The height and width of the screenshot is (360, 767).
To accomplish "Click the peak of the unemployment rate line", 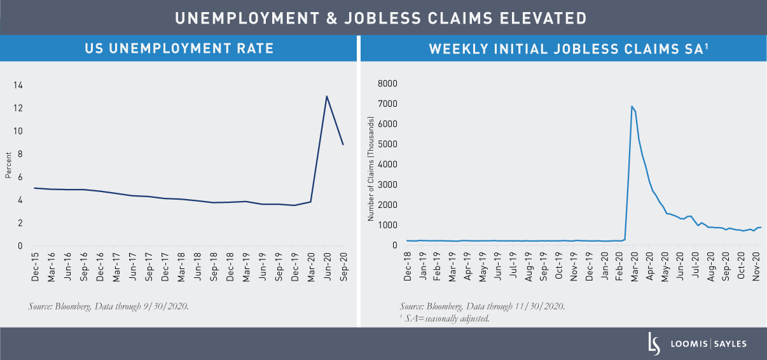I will pyautogui.click(x=327, y=97).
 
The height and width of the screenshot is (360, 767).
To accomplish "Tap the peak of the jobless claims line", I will pyautogui.click(x=632, y=106).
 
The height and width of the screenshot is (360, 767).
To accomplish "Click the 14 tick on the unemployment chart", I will pyautogui.click(x=18, y=85).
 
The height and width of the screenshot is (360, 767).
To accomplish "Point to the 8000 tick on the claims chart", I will pyautogui.click(x=387, y=83).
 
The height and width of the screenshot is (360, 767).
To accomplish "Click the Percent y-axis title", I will pyautogui.click(x=8, y=165).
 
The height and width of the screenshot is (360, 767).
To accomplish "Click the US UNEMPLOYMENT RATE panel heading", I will pyautogui.click(x=180, y=48).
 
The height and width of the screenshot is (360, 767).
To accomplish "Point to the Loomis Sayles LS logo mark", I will pyautogui.click(x=653, y=343).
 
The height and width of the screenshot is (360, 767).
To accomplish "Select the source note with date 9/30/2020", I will pyautogui.click(x=108, y=307).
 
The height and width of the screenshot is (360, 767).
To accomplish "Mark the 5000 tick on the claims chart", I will pyautogui.click(x=387, y=144).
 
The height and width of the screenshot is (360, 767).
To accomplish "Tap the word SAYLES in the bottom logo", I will pyautogui.click(x=729, y=344).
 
